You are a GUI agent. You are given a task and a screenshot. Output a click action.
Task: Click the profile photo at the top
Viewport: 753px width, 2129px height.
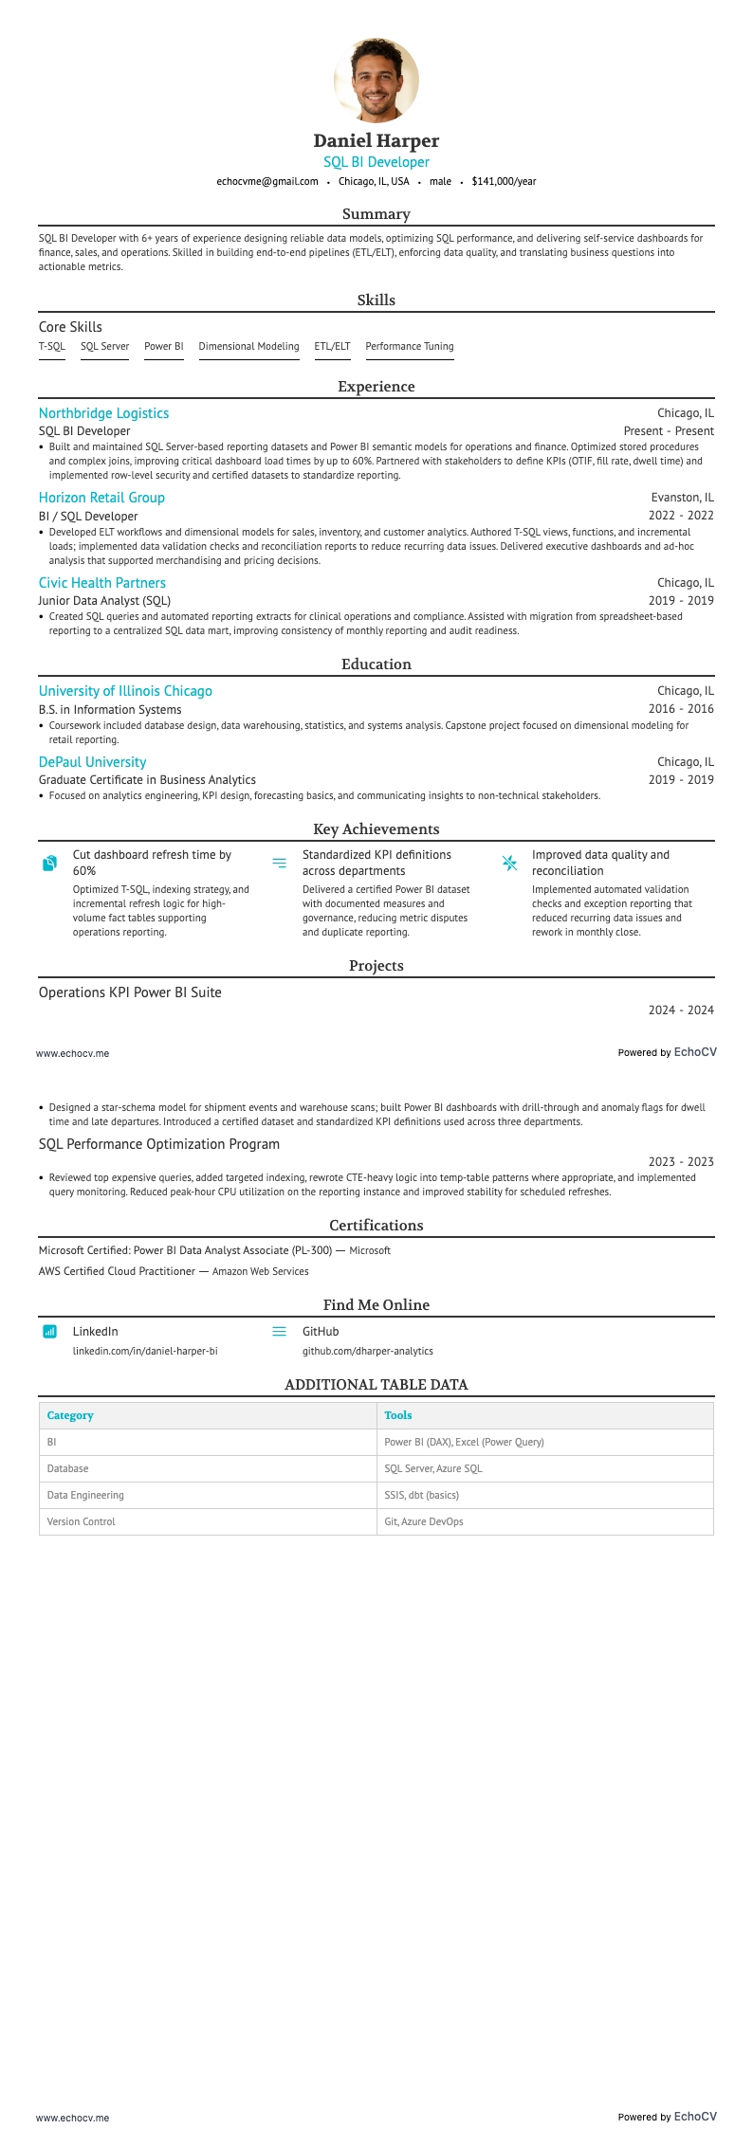376,81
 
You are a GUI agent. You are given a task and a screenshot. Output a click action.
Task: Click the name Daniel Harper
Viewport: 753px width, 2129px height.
376,140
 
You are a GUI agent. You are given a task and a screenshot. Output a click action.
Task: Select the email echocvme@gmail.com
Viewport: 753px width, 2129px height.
266,181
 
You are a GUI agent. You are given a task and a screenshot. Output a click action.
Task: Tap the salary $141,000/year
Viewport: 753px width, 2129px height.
504,181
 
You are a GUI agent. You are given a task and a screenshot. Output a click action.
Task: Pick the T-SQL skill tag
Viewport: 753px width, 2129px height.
51,346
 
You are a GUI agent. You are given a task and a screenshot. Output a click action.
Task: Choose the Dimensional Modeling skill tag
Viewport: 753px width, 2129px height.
248,346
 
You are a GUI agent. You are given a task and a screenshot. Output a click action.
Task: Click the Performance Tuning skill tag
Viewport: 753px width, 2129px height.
409,346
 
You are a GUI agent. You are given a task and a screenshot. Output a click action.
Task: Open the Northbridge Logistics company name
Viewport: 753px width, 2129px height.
103,413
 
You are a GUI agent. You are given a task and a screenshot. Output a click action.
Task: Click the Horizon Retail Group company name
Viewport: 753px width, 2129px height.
101,498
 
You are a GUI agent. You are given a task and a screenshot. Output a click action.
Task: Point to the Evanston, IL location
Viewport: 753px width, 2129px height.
682,498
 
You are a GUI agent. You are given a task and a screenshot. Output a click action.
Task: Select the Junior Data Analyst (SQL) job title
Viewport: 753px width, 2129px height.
104,600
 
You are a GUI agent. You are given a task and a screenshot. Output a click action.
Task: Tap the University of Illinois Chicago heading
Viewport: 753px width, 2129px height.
125,691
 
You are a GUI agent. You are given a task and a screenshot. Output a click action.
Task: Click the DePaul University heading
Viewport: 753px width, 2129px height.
92,762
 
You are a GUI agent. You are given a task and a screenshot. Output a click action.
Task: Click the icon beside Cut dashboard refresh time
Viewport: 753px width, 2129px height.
50,863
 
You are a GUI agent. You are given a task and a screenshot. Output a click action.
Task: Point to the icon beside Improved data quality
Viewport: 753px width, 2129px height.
509,863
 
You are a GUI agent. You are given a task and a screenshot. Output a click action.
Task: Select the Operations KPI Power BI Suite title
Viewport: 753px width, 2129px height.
130,992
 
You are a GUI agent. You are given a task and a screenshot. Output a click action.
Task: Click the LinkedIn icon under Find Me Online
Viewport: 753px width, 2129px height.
50,1332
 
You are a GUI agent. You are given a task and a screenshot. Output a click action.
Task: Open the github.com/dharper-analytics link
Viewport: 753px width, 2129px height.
367,1351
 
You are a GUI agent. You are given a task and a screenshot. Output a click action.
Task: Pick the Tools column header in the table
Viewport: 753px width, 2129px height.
397,1415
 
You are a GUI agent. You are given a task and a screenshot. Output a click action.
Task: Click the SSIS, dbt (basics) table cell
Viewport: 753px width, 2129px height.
421,1495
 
